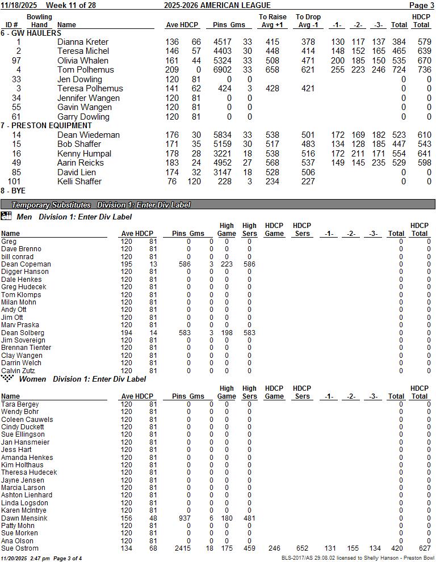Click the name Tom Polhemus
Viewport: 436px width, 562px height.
[x=85, y=70]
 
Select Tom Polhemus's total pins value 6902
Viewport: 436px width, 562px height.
[x=223, y=70]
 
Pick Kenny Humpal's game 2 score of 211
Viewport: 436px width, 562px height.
[x=358, y=154]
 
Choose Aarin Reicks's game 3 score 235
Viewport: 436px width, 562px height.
[x=378, y=163]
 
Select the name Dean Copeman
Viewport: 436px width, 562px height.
[x=26, y=264]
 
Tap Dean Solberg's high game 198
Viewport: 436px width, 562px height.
[x=226, y=333]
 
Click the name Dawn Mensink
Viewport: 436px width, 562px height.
[x=24, y=518]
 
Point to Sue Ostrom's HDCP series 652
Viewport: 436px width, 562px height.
[x=301, y=548]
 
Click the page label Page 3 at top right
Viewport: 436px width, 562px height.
[x=421, y=5]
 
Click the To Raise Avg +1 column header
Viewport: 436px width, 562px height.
[x=272, y=21]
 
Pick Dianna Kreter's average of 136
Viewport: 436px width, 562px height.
[x=172, y=42]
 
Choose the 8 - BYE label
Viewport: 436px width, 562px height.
[x=13, y=191]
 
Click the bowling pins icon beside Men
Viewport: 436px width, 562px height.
[x=6, y=216]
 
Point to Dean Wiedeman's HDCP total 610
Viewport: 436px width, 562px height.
[x=422, y=135]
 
